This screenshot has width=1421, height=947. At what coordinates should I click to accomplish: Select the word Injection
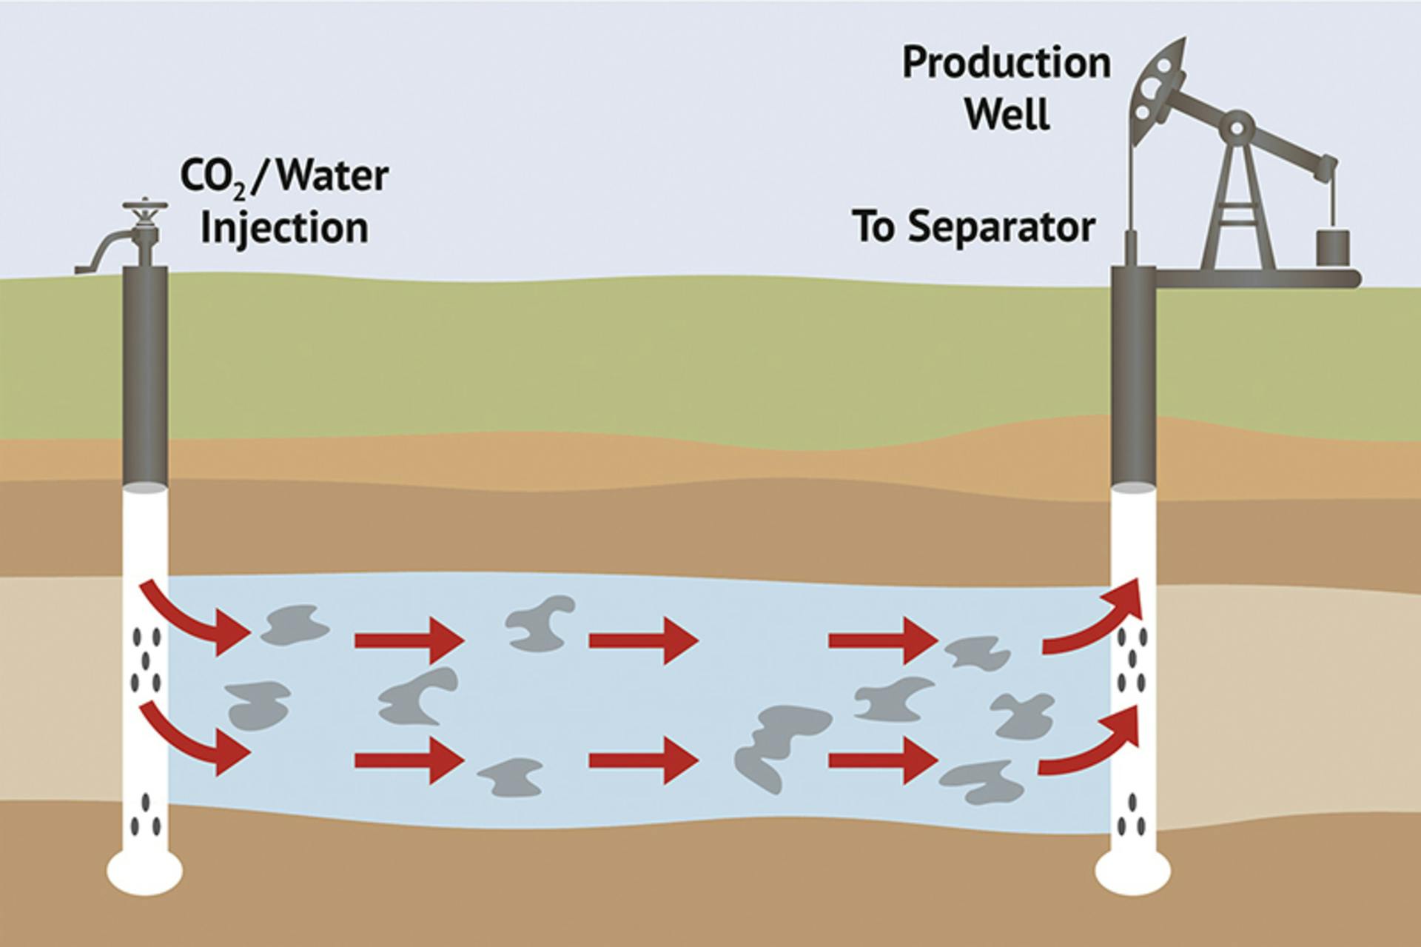pyautogui.click(x=284, y=228)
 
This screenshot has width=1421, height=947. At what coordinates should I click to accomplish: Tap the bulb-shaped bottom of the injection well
pyautogui.click(x=145, y=871)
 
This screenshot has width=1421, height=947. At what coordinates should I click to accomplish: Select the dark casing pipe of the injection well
pyautogui.click(x=145, y=378)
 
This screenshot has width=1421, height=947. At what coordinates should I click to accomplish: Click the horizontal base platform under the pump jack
pyautogui.click(x=1258, y=278)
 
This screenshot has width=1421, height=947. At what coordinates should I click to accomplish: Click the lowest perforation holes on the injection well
pyautogui.click(x=146, y=814)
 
